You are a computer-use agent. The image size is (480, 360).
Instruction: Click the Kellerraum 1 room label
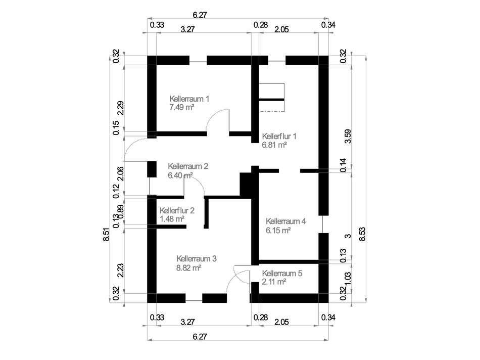(x=189, y=99)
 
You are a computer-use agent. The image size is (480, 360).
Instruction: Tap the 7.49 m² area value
(x=182, y=107)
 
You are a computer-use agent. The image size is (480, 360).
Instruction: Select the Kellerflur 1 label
(x=279, y=136)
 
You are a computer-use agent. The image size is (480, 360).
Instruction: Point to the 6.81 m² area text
(x=274, y=145)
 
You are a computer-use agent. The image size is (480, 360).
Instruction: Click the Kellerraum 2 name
(x=188, y=166)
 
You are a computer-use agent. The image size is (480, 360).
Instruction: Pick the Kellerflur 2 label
(x=177, y=210)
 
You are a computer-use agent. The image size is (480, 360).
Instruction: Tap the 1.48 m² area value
(x=171, y=219)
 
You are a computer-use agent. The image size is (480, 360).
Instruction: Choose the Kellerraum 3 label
(x=197, y=258)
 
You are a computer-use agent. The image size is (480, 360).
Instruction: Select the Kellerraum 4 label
(x=286, y=221)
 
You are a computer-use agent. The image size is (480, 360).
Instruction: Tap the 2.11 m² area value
(x=274, y=282)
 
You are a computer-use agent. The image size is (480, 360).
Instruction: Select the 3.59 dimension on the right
(x=347, y=136)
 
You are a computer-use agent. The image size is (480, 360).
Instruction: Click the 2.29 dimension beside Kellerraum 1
(x=116, y=108)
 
